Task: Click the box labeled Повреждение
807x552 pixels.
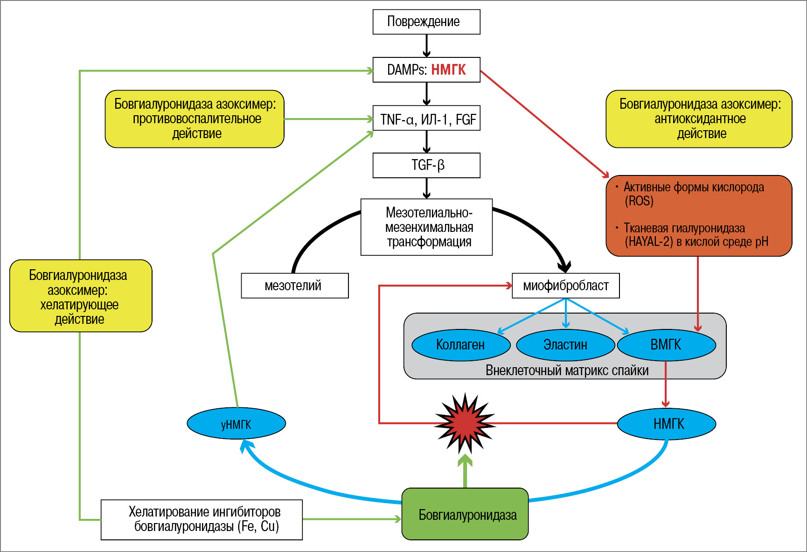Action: pyautogui.click(x=426, y=22)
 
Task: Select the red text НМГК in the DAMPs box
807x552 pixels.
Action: pyautogui.click(x=448, y=70)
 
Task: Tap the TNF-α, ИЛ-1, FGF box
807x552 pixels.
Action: pyautogui.click(x=426, y=119)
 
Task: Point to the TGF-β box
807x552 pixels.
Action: pyautogui.click(x=426, y=165)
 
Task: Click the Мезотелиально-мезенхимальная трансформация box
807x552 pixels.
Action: pyautogui.click(x=426, y=227)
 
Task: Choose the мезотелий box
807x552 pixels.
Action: pyautogui.click(x=294, y=286)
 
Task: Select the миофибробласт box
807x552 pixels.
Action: pyautogui.click(x=565, y=286)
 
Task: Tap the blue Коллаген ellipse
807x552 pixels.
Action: pyautogui.click(x=461, y=345)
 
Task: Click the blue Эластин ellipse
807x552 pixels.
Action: pyautogui.click(x=565, y=345)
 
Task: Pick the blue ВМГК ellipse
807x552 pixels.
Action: pyautogui.click(x=666, y=345)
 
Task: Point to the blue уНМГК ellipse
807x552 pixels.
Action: pyautogui.click(x=236, y=424)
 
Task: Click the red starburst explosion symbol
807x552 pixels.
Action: pyautogui.click(x=465, y=424)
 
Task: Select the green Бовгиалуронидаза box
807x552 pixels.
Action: pyautogui.click(x=465, y=514)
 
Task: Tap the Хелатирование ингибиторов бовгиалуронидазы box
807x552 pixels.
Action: pyautogui.click(x=202, y=519)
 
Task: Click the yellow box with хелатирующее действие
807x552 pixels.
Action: pyautogui.click(x=81, y=296)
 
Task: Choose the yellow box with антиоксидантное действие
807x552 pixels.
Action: pyautogui.click(x=699, y=119)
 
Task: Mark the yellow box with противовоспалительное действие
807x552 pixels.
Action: pyautogui.click(x=195, y=119)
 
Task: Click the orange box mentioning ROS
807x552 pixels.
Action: pyautogui.click(x=699, y=216)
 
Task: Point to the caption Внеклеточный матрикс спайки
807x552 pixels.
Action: pyautogui.click(x=567, y=370)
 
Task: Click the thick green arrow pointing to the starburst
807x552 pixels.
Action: pyautogui.click(x=465, y=472)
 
